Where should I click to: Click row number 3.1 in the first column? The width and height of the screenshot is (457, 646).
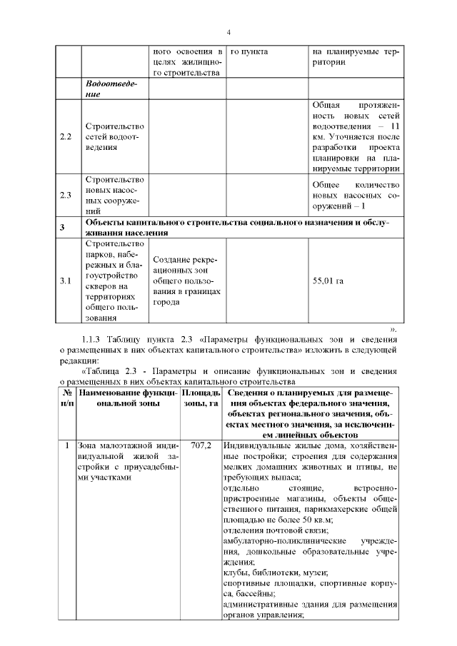click(x=66, y=281)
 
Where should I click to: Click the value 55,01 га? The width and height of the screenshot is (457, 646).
click(x=328, y=281)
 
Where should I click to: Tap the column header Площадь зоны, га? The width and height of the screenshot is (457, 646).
click(x=201, y=398)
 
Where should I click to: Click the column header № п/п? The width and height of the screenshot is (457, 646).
click(x=65, y=398)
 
